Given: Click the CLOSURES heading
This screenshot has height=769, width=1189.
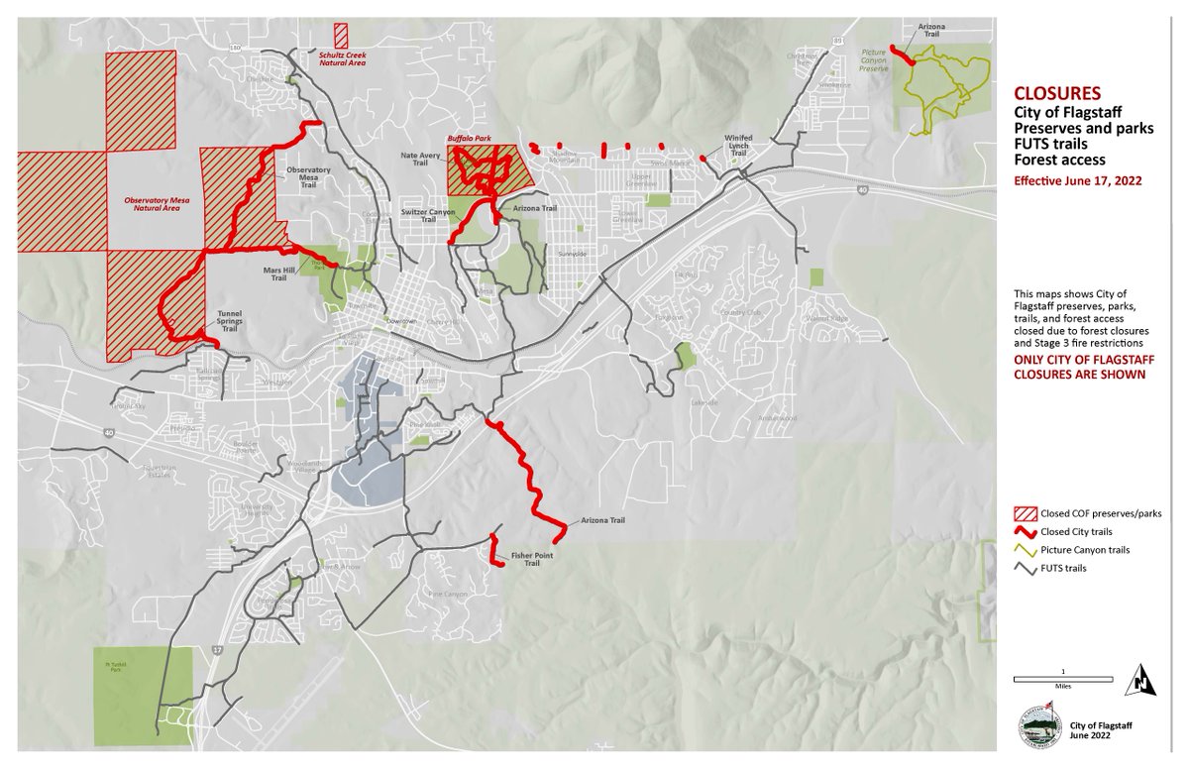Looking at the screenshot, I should tap(1057, 95).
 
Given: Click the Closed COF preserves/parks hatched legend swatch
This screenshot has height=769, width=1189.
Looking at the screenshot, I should tap(1024, 513).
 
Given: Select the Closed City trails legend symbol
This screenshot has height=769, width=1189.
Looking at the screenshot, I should tap(1024, 531).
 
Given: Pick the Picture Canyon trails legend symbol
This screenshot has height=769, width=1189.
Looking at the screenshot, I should tap(1024, 549).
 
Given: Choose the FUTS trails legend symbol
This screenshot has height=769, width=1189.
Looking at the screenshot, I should tap(1024, 568).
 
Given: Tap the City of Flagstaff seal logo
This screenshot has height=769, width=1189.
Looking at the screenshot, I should tap(1038, 730).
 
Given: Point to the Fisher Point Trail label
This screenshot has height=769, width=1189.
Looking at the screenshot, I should tap(531, 560).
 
